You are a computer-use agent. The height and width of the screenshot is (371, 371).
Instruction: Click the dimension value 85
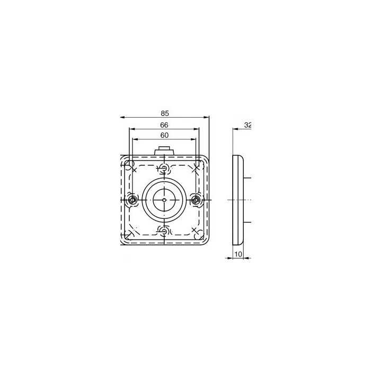165,112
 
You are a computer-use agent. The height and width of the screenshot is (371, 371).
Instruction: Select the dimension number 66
165,125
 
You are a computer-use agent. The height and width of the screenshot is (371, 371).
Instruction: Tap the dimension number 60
165,135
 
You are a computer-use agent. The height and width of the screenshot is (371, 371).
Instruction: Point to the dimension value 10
238,255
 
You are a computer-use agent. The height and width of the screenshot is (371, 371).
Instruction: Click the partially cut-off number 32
247,125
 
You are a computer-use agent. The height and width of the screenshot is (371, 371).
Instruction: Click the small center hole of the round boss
165,200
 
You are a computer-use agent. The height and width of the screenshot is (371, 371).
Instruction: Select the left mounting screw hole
132,200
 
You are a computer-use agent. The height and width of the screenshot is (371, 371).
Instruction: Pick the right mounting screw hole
197,200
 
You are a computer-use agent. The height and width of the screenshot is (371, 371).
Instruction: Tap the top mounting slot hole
165,169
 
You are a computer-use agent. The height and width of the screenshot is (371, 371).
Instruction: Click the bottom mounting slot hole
165,231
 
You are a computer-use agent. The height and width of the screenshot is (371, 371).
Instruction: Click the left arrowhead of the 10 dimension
235,259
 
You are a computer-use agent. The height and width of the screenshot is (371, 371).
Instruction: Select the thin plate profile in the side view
238,200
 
